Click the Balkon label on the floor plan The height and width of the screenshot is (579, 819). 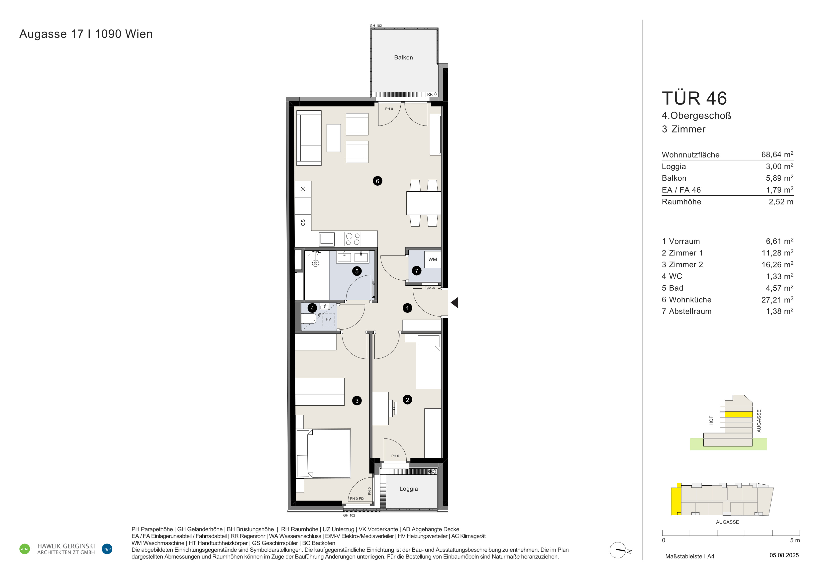point(403,57)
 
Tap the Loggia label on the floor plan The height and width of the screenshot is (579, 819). point(408,489)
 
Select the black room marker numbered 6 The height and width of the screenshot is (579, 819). point(377,181)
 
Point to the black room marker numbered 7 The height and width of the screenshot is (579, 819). point(416,271)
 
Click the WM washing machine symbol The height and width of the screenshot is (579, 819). point(433,259)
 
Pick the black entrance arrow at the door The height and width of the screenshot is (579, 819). point(454,303)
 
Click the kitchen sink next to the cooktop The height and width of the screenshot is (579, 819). point(327,239)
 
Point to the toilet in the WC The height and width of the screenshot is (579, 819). point(309,318)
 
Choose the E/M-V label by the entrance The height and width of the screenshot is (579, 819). point(430,288)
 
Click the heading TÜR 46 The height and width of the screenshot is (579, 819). point(694,98)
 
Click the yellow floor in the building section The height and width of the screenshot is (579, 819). point(738,414)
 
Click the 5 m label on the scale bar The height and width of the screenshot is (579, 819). point(795,540)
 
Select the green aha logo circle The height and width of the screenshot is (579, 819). point(25,549)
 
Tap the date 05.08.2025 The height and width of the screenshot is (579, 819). point(784,555)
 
